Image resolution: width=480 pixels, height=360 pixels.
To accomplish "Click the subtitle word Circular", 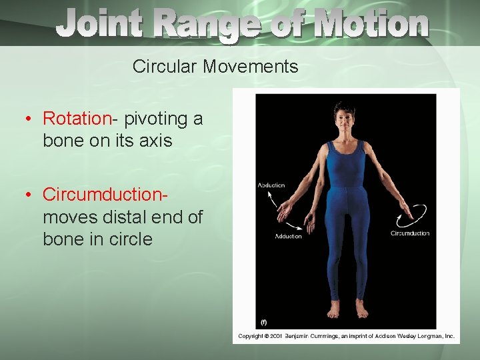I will point(165,67).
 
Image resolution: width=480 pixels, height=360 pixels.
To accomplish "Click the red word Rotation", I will point(77,119).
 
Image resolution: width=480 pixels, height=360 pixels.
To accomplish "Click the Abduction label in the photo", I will point(271,185).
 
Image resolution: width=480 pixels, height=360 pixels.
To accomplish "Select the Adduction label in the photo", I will point(288,236).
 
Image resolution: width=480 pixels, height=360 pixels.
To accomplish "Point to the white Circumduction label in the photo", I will point(410,233).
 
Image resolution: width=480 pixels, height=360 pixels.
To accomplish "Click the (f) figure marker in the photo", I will point(263,323).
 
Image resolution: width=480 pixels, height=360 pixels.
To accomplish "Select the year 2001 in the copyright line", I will point(277,337).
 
